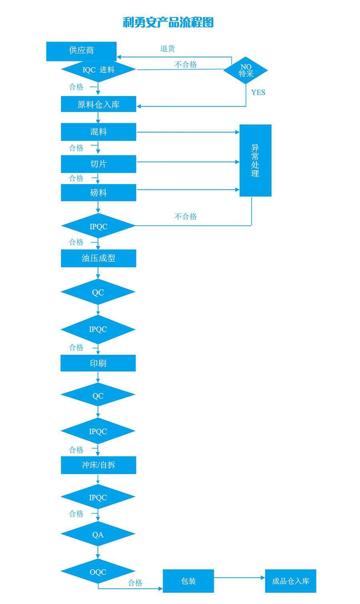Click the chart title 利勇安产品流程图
point(168,22)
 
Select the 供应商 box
point(81,51)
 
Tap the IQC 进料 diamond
point(98,70)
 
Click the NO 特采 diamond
point(246,70)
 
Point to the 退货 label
point(168,48)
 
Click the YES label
point(258,92)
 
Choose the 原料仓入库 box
point(98,104)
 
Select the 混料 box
point(98,132)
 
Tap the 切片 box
point(98,164)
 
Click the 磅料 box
point(98,193)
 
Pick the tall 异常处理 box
point(255,161)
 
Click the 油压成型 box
point(98,258)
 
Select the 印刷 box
point(98,363)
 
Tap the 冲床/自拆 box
point(98,465)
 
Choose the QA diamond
point(98,535)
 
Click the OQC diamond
point(98,572)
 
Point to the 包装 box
point(188,581)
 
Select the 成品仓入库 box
point(290,581)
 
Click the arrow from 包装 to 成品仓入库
point(239,578)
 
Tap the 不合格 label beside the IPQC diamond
point(186,217)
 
